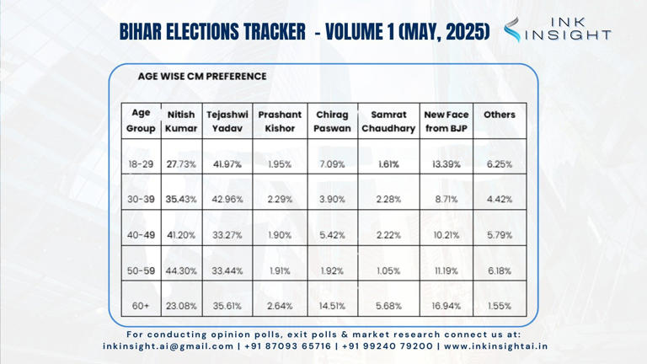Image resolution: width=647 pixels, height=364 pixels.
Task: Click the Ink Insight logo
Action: tap(557, 29)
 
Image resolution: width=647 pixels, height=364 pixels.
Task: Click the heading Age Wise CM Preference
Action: tap(202, 76)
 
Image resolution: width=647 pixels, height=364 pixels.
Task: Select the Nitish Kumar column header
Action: tap(181, 121)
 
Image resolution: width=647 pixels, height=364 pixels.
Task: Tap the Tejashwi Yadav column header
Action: tap(227, 121)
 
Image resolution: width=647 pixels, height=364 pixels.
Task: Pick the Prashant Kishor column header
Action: tap(280, 121)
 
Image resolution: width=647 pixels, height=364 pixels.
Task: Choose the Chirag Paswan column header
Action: tap(332, 121)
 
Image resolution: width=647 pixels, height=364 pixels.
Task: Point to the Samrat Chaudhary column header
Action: tap(388, 121)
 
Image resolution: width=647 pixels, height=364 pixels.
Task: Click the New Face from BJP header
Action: tap(446, 121)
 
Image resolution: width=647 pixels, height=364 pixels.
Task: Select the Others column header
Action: tap(500, 115)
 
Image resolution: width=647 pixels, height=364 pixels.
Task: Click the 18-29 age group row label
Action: tap(141, 164)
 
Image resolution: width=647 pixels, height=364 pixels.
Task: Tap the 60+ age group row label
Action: tap(141, 306)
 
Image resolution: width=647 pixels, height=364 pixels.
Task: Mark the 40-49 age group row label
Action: tap(141, 235)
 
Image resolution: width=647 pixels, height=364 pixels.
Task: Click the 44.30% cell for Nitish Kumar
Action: tap(181, 270)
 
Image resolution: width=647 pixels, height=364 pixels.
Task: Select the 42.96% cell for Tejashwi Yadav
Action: tap(227, 200)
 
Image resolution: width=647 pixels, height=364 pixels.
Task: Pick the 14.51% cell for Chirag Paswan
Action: tap(332, 306)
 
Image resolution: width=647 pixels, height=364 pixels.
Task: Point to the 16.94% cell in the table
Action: tap(446, 306)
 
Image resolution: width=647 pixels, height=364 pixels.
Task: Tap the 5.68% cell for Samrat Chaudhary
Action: tap(388, 306)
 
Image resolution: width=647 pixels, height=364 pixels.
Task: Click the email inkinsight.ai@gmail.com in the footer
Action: tap(168, 345)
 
